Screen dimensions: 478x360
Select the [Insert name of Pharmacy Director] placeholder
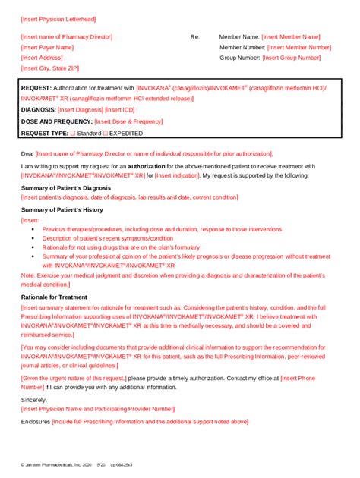coord(67,36)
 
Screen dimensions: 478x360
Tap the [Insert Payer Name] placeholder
coord(47,47)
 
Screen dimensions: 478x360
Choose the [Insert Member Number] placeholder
coord(299,47)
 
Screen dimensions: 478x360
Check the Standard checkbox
coord(73,133)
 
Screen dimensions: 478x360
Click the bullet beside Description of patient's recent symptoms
coord(33,237)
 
